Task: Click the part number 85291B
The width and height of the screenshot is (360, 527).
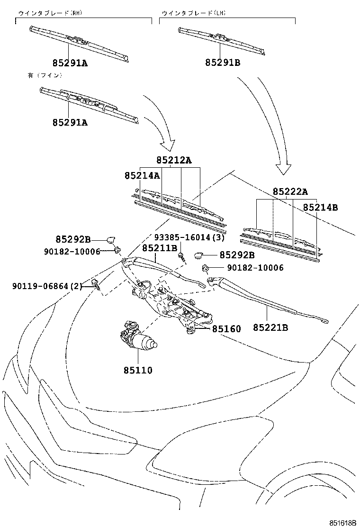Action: (x=223, y=62)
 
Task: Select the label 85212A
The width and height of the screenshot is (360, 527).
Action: (x=174, y=160)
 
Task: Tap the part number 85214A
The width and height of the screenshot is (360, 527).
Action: (x=142, y=175)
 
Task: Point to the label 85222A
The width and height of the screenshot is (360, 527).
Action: (x=290, y=191)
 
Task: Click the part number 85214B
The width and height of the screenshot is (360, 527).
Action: (x=320, y=207)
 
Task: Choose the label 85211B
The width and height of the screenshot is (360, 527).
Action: (x=160, y=248)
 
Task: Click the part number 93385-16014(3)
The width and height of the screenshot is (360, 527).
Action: (x=189, y=237)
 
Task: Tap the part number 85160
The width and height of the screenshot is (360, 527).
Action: (x=226, y=328)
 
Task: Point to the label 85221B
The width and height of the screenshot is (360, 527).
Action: (x=270, y=327)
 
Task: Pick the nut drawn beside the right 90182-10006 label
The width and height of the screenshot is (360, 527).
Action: (x=206, y=268)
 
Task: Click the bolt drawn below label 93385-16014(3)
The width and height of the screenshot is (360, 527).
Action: (x=181, y=257)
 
